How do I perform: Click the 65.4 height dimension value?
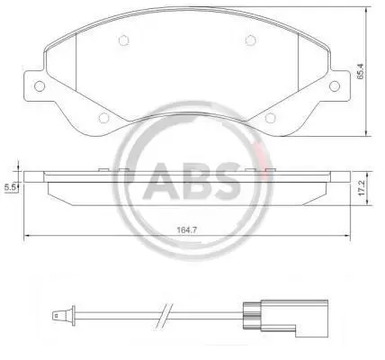(360, 71)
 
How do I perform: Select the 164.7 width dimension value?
(187, 230)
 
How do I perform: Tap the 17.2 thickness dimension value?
(362, 188)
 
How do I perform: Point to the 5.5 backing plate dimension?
(10, 188)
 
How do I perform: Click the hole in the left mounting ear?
(40, 86)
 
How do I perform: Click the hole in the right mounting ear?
(335, 86)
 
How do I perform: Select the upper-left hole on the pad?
(123, 40)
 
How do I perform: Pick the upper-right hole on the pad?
(251, 40)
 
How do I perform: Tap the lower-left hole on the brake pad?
(103, 118)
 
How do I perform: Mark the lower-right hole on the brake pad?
(270, 118)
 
